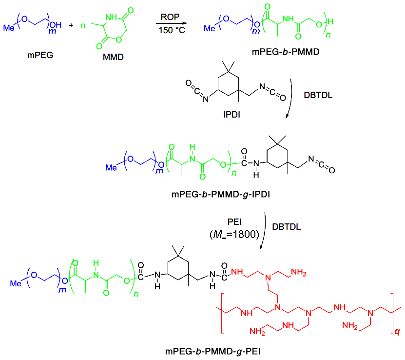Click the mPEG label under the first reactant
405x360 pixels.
pos(40,55)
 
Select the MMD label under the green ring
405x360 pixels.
pos(113,57)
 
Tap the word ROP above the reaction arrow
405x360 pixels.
pos(170,17)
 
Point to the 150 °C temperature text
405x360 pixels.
pos(172,30)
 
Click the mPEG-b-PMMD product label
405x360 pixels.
pos(286,52)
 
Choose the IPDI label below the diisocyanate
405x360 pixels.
pos(231,115)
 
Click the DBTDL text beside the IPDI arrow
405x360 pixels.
pos(318,95)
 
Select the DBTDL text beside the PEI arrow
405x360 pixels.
pos(287,227)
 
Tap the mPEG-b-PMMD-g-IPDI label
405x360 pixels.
pos(221,194)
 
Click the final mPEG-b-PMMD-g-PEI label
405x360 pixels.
pos(213,352)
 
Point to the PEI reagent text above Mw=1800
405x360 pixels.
pos(234,222)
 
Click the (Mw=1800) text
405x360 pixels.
pos(234,235)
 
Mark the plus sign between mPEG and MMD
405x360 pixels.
pos(71,25)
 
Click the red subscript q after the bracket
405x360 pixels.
pos(397,331)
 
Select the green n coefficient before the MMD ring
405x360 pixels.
pos(83,25)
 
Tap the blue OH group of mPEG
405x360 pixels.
pos(56,25)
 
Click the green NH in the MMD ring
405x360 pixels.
pos(111,17)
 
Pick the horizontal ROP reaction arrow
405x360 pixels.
pos(171,23)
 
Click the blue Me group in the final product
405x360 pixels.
pos(16,283)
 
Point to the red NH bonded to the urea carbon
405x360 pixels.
pos(237,272)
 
